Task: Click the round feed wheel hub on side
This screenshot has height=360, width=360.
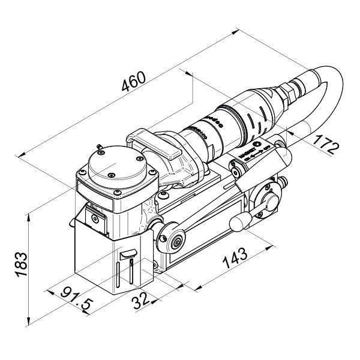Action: tap(175, 239)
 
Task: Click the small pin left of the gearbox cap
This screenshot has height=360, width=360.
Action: tap(98, 146)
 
